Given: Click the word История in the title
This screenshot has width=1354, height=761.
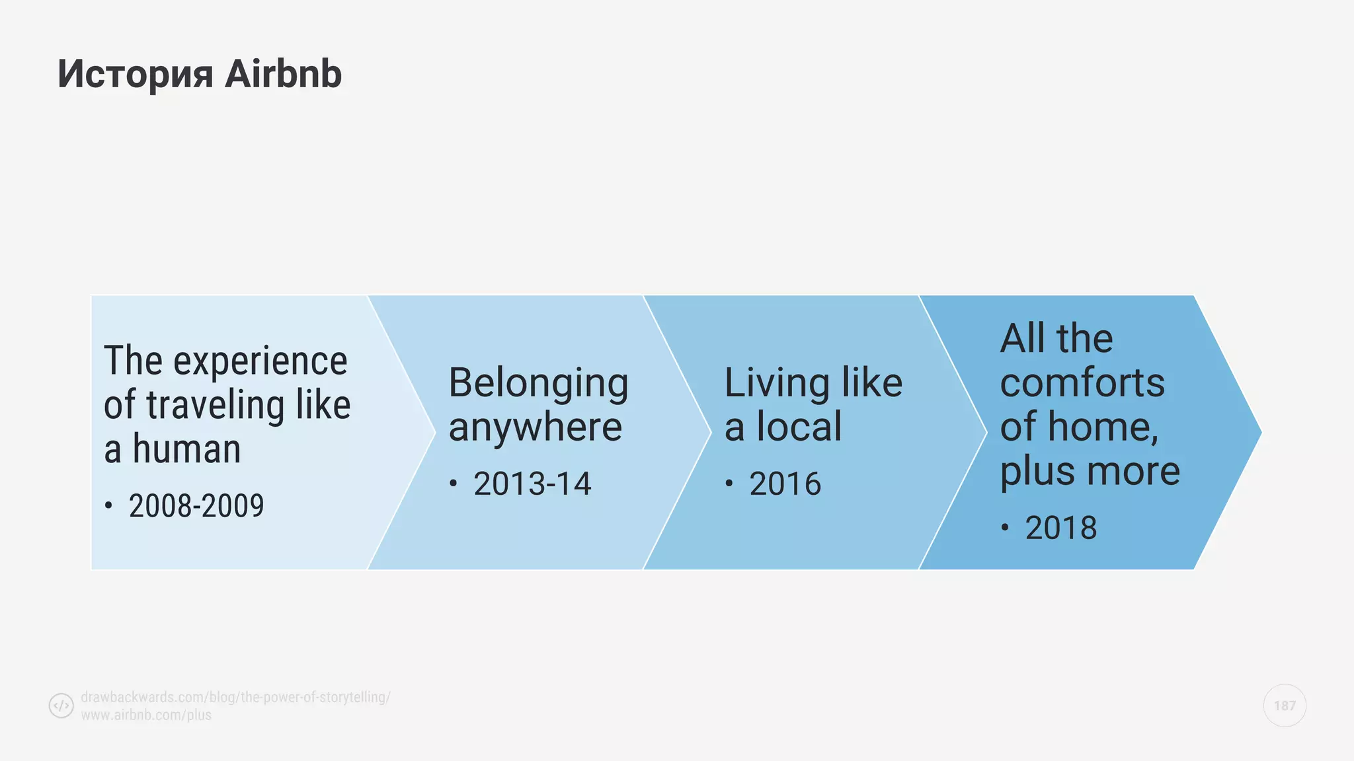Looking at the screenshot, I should click(135, 74).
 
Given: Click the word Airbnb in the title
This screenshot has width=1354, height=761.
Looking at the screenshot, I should click(283, 74).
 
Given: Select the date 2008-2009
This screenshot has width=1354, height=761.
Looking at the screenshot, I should click(196, 507).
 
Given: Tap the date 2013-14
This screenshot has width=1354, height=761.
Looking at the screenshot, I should click(532, 484).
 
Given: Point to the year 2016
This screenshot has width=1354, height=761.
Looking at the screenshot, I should click(785, 484).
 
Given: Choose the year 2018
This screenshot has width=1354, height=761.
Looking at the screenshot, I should click(1060, 528).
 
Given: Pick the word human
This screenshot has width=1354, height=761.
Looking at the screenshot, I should click(186, 450).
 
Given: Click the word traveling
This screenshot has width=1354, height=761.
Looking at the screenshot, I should click(215, 406).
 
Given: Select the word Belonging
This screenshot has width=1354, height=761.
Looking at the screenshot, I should click(538, 384).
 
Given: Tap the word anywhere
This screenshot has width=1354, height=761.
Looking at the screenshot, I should click(535, 427).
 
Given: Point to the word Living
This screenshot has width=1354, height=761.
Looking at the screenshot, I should click(777, 383).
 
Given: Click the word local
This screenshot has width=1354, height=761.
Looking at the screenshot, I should click(799, 427).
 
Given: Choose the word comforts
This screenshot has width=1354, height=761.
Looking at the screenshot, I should click(1082, 383).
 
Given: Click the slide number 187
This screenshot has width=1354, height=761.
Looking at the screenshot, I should click(1285, 706).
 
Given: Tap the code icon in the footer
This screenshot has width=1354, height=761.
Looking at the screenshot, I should click(61, 706).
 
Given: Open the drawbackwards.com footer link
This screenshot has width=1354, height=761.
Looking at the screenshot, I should click(235, 697).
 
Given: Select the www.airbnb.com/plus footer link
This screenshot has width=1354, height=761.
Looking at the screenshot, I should click(146, 715).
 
